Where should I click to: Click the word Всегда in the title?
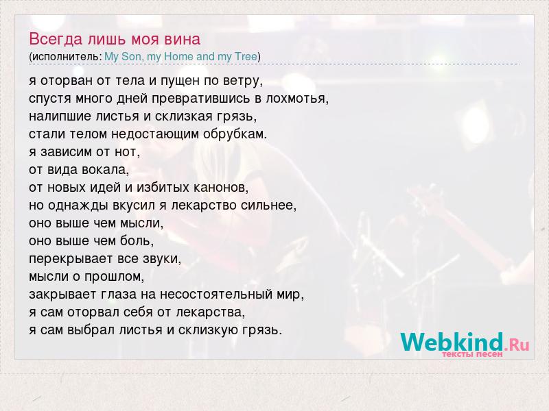[x=56, y=39]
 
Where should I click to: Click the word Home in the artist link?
[x=178, y=56]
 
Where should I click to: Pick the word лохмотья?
[x=297, y=99]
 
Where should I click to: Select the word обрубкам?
[x=235, y=134]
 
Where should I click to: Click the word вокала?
[x=106, y=170]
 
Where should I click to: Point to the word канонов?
[x=221, y=188]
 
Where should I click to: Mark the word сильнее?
[x=268, y=206]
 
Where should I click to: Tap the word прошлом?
[x=114, y=277]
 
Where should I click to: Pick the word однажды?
[x=78, y=206]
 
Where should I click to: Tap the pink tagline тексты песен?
[x=472, y=354]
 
